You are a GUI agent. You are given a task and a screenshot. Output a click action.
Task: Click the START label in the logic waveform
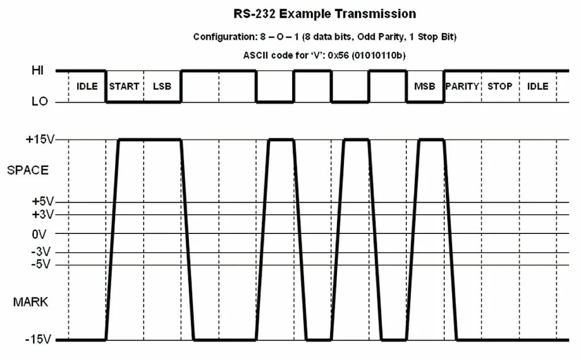click(124, 86)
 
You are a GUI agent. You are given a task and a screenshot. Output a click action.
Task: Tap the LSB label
click(162, 86)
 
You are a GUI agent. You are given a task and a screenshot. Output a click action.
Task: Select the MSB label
click(424, 86)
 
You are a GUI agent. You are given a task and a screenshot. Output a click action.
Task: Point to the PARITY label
click(462, 86)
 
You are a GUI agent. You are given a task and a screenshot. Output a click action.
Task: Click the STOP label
click(500, 86)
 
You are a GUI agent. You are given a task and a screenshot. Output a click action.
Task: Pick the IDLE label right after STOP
click(537, 86)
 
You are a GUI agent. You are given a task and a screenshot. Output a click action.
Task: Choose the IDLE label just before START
click(87, 86)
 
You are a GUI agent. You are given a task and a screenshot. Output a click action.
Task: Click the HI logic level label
click(38, 71)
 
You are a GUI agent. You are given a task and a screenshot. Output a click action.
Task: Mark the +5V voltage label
click(42, 202)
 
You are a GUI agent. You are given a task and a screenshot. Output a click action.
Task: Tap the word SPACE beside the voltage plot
click(28, 170)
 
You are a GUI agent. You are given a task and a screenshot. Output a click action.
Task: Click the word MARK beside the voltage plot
click(31, 302)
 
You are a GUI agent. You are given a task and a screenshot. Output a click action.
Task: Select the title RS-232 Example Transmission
click(325, 14)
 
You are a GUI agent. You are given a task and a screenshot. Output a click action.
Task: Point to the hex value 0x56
click(340, 55)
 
